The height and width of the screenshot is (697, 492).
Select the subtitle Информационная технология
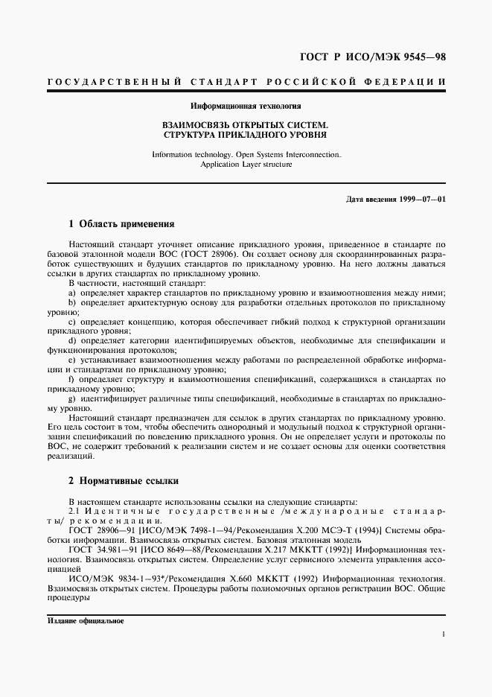pyautogui.click(x=246, y=106)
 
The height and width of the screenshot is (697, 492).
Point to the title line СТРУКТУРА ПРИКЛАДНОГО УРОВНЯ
pyautogui.click(x=246, y=136)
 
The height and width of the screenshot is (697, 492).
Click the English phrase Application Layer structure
pyautogui.click(x=246, y=164)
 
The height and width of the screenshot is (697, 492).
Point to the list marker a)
pyautogui.click(x=71, y=293)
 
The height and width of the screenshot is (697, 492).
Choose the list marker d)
pyautogui.click(x=71, y=340)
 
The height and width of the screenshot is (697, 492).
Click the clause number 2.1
pyautogui.click(x=74, y=511)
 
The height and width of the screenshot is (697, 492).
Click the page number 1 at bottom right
pyautogui.click(x=443, y=634)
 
